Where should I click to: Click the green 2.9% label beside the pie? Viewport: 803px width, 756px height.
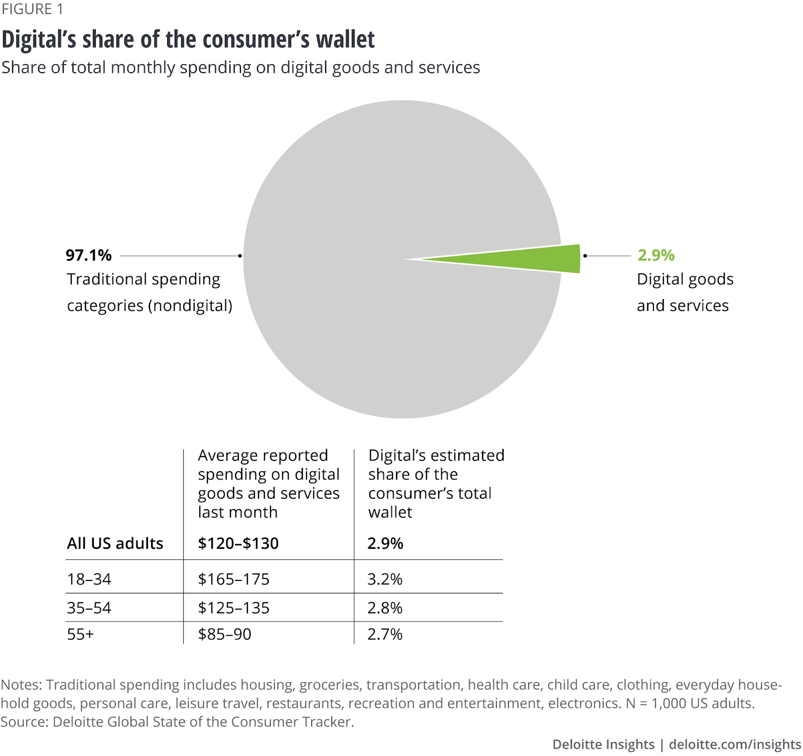click(655, 255)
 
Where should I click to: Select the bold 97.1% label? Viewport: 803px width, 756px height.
click(88, 255)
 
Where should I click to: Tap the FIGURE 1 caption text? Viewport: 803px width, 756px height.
click(32, 9)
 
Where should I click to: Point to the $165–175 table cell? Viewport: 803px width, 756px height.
click(233, 579)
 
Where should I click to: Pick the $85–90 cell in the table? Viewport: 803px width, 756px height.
click(224, 634)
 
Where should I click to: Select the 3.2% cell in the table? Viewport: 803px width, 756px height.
click(384, 579)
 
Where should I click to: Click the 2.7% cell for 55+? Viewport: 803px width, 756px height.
click(384, 634)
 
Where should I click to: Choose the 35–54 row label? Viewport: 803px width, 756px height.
click(89, 608)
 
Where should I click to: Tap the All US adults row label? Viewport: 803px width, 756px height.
click(115, 543)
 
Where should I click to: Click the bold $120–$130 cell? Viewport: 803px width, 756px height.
click(238, 543)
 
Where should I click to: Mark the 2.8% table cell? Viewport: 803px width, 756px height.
click(384, 608)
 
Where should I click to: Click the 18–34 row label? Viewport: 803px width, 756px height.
click(89, 579)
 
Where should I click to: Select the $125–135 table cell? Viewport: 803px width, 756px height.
click(233, 608)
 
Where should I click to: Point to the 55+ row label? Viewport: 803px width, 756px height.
click(80, 634)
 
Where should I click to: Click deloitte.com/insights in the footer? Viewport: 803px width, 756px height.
click(735, 744)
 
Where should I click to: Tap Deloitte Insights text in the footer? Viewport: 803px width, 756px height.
click(603, 744)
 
